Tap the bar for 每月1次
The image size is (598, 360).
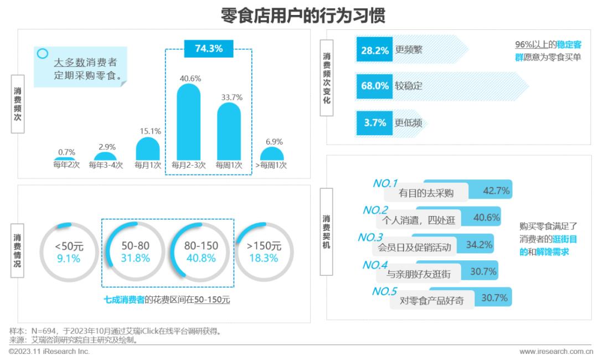pyautogui.click(x=148, y=149)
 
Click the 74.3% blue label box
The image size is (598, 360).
pyautogui.click(x=209, y=49)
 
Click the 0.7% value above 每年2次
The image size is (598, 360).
pyautogui.click(x=66, y=152)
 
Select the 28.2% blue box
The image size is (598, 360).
pyautogui.click(x=374, y=49)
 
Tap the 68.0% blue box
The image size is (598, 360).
pyautogui.click(x=374, y=86)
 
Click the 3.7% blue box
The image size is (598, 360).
pyautogui.click(x=374, y=122)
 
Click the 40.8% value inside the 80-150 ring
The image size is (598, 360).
pyautogui.click(x=201, y=258)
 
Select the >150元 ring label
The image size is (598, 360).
pyautogui.click(x=264, y=246)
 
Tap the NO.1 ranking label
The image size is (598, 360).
pyautogui.click(x=386, y=183)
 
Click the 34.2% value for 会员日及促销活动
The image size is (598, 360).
pyautogui.click(x=480, y=244)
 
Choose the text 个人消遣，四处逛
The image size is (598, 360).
pyautogui.click(x=419, y=220)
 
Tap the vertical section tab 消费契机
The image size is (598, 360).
pyautogui.click(x=327, y=232)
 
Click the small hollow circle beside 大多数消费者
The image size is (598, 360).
pyautogui.click(x=43, y=54)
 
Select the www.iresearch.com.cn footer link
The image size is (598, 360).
pyautogui.click(x=555, y=352)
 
